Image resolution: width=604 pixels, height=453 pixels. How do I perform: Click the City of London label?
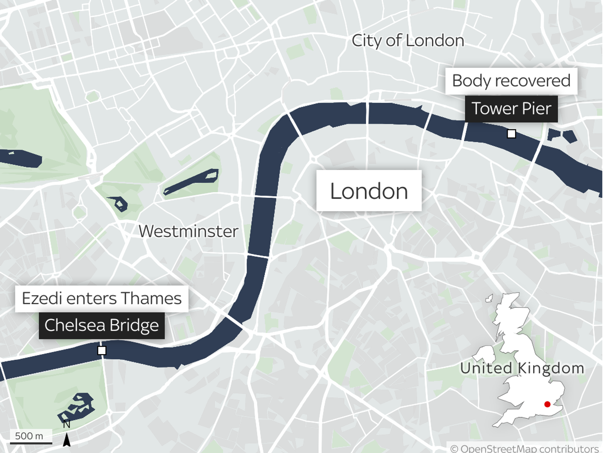tap(408, 41)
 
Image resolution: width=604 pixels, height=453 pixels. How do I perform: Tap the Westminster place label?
tap(188, 231)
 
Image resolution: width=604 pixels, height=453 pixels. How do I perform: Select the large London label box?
tap(369, 191)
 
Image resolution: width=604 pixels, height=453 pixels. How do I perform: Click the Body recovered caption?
tap(511, 81)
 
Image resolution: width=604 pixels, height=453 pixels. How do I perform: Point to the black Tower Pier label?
tap(511, 109)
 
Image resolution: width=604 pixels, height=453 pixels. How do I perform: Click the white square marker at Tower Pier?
tap(511, 134)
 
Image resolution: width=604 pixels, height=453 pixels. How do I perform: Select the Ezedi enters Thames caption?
tap(102, 299)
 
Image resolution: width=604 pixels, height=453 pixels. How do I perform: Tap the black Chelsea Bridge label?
tap(102, 325)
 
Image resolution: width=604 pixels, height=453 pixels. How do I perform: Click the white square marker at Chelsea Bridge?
tap(102, 350)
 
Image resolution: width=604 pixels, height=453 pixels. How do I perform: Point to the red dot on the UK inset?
tap(547, 404)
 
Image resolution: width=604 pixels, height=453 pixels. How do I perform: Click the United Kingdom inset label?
tap(522, 368)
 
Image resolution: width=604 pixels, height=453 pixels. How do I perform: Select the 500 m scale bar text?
tap(29, 436)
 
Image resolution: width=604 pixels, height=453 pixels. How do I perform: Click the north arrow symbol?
tap(66, 440)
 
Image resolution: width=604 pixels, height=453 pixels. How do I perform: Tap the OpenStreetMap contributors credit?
tap(525, 448)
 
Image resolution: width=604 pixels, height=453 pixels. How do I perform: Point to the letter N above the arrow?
tap(66, 424)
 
